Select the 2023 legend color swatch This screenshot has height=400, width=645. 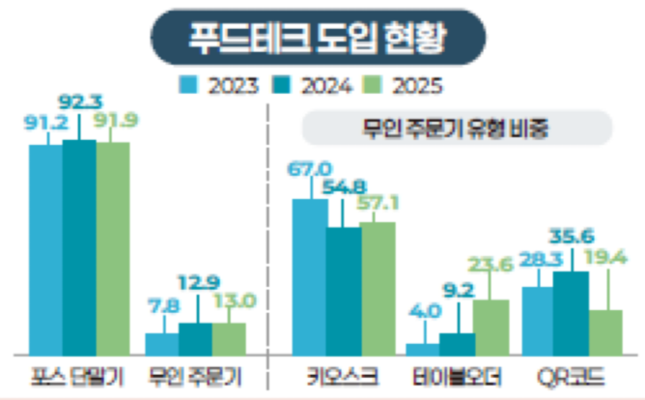click(188, 84)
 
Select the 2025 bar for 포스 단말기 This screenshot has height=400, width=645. click(113, 249)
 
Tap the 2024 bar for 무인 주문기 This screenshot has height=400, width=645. click(196, 339)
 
